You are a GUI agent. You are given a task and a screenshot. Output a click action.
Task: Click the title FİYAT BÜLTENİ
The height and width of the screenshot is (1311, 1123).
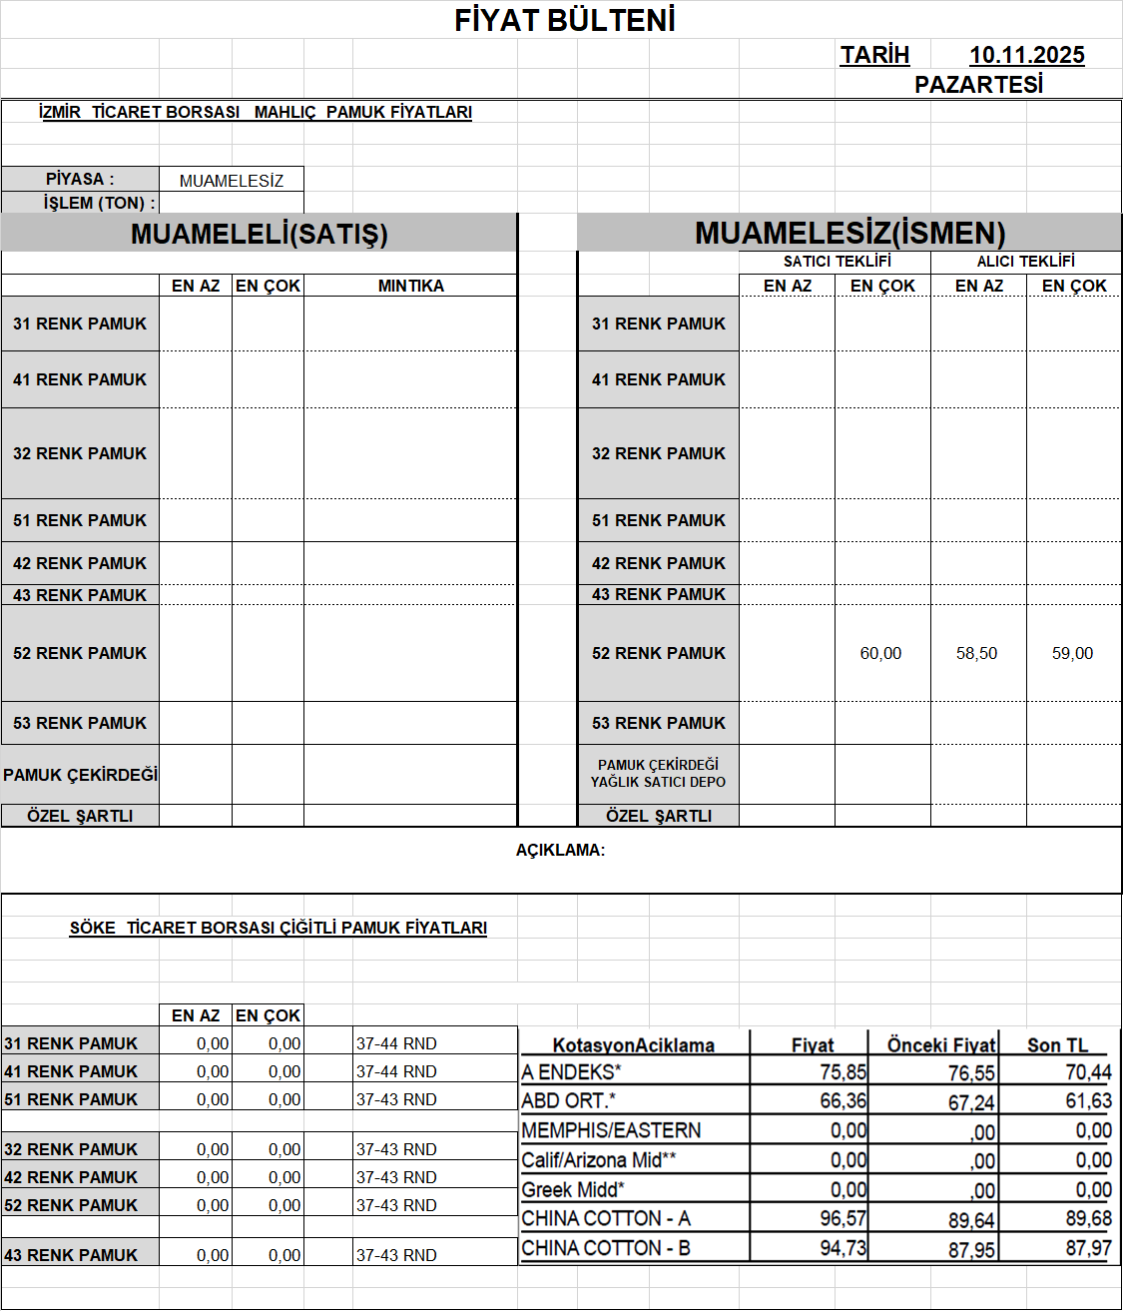565,20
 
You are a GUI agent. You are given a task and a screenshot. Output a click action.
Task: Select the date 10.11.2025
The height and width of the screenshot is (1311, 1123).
1026,56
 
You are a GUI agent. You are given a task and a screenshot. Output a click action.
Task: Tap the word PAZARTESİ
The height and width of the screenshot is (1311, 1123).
978,85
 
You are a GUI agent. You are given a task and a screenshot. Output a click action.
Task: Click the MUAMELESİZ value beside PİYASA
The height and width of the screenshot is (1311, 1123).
232,181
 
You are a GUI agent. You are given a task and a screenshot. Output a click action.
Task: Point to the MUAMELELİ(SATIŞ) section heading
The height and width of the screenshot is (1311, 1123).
259,234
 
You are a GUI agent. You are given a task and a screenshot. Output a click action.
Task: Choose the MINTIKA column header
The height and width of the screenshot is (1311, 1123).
410,286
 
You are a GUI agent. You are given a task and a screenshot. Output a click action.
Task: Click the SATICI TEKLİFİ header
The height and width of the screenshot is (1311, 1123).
837,262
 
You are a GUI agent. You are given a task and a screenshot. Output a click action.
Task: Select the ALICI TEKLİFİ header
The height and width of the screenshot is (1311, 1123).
1025,262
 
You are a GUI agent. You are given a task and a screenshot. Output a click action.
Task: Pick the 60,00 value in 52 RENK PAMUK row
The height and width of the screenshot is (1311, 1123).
880,653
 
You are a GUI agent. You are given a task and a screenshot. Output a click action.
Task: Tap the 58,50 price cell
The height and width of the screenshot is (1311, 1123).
976,653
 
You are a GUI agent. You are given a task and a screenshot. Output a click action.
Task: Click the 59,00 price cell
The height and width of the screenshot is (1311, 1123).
1072,653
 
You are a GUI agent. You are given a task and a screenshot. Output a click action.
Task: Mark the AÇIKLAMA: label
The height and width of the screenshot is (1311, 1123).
560,851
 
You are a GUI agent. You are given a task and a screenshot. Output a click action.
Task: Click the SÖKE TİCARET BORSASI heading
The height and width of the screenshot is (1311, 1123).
278,928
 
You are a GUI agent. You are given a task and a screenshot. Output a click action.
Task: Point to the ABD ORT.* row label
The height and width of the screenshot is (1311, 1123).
568,1100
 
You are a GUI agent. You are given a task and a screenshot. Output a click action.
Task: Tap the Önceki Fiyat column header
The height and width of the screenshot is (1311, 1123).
941,1045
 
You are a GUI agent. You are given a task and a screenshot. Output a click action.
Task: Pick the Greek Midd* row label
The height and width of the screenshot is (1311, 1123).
572,1190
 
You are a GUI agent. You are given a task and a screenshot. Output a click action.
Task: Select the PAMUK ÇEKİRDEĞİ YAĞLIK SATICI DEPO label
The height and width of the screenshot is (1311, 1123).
658,774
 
